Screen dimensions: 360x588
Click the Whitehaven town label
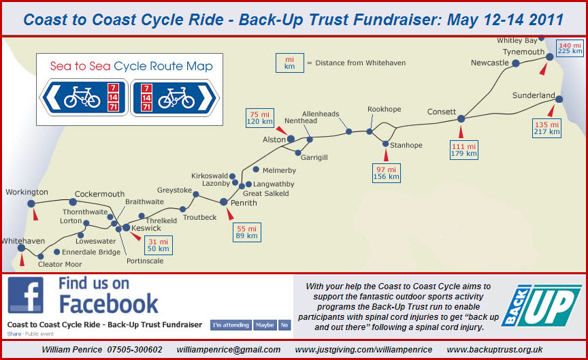tap(22, 241)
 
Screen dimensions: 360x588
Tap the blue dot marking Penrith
tap(224, 201)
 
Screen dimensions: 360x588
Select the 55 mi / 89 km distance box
tap(246, 231)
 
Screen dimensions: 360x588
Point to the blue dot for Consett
tap(461, 118)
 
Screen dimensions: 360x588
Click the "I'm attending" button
tap(231, 325)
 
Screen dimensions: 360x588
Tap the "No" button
tap(284, 325)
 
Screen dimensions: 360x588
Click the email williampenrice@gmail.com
tap(227, 349)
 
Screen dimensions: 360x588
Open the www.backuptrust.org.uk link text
tap(494, 349)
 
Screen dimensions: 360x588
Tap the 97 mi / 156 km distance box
tap(386, 172)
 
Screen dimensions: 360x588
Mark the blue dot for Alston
tap(291, 139)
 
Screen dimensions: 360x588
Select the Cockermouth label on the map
tap(100, 193)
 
